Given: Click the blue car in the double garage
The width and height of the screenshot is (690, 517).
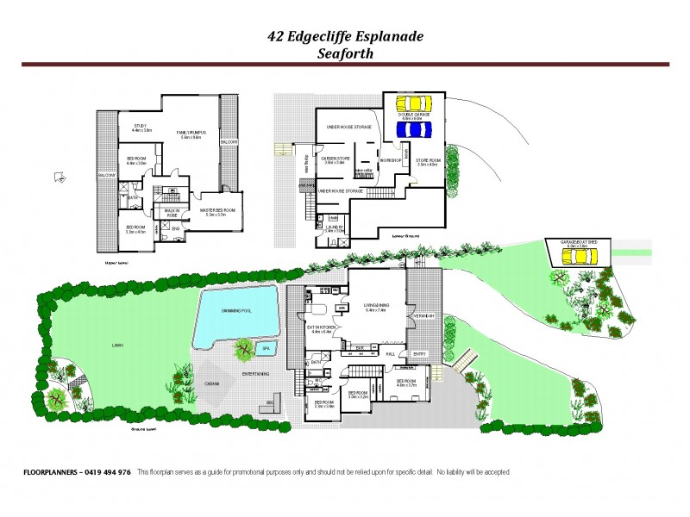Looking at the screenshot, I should (x=414, y=129).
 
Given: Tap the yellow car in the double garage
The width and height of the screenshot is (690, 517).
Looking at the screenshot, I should (x=414, y=109).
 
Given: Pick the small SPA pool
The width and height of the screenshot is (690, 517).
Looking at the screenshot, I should (x=265, y=348).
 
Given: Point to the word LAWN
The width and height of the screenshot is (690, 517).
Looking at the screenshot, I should (x=116, y=344).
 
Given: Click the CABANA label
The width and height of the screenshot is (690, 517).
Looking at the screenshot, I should (x=211, y=384).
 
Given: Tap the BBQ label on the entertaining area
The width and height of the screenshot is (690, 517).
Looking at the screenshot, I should (x=271, y=402).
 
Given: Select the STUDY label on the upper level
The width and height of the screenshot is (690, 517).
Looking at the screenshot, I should (x=140, y=126).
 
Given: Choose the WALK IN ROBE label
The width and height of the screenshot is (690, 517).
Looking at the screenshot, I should (x=172, y=213).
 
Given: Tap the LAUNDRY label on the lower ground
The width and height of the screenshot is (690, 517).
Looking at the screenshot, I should (x=334, y=227).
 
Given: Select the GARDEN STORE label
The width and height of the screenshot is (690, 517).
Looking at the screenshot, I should (x=333, y=159).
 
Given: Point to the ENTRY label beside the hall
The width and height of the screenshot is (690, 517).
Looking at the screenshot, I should (x=419, y=354).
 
